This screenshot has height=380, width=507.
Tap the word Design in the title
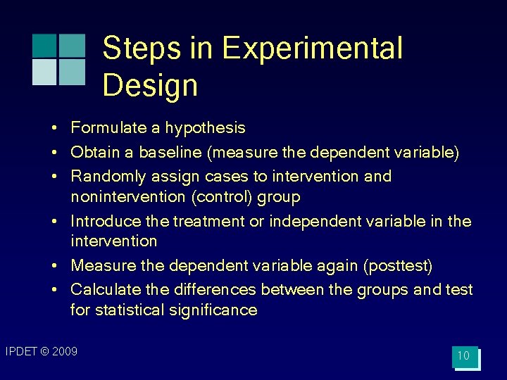coord(150,85)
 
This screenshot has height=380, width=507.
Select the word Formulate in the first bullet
coord(104,128)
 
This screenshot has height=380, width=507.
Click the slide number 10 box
coord(464,356)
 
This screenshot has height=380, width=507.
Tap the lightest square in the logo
coord(44,72)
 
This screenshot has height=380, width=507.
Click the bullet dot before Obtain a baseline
coord(54,153)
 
